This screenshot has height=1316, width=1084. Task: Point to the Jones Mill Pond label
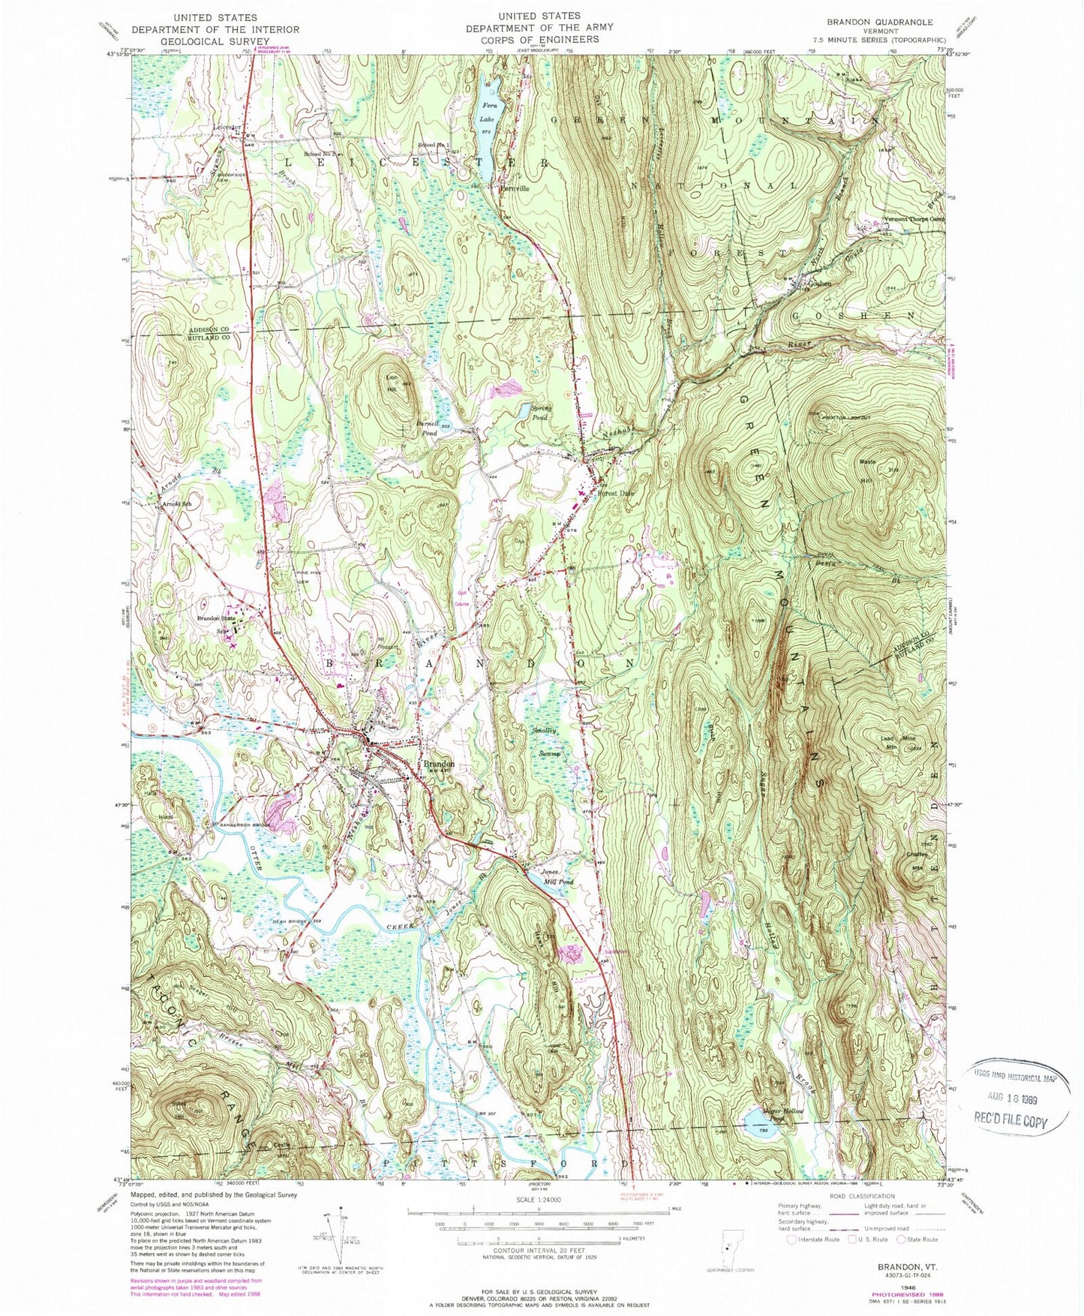(x=557, y=876)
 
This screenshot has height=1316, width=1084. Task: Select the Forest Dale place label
(x=616, y=493)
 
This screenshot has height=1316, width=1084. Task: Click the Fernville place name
(x=515, y=189)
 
